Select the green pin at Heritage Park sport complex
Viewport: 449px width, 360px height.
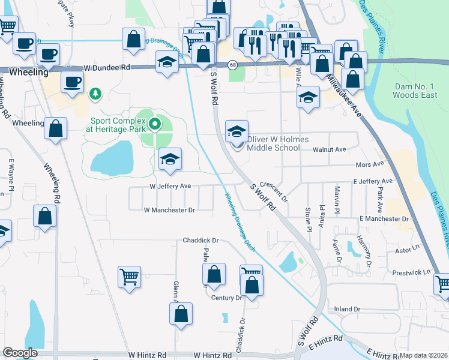point(155,125)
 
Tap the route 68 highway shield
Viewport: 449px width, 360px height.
point(232,64)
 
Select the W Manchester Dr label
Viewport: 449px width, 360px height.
point(170,210)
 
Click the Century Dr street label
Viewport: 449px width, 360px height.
point(226,298)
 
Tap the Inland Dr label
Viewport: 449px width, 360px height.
point(347,310)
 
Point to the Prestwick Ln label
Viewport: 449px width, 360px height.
point(412,272)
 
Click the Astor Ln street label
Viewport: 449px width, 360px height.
point(407,248)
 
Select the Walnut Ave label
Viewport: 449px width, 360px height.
point(330,149)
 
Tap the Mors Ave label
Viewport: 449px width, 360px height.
point(369,164)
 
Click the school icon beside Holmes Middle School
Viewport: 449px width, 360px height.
point(237,132)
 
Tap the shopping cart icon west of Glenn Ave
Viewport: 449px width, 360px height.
point(129,277)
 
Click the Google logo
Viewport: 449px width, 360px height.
point(20,353)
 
